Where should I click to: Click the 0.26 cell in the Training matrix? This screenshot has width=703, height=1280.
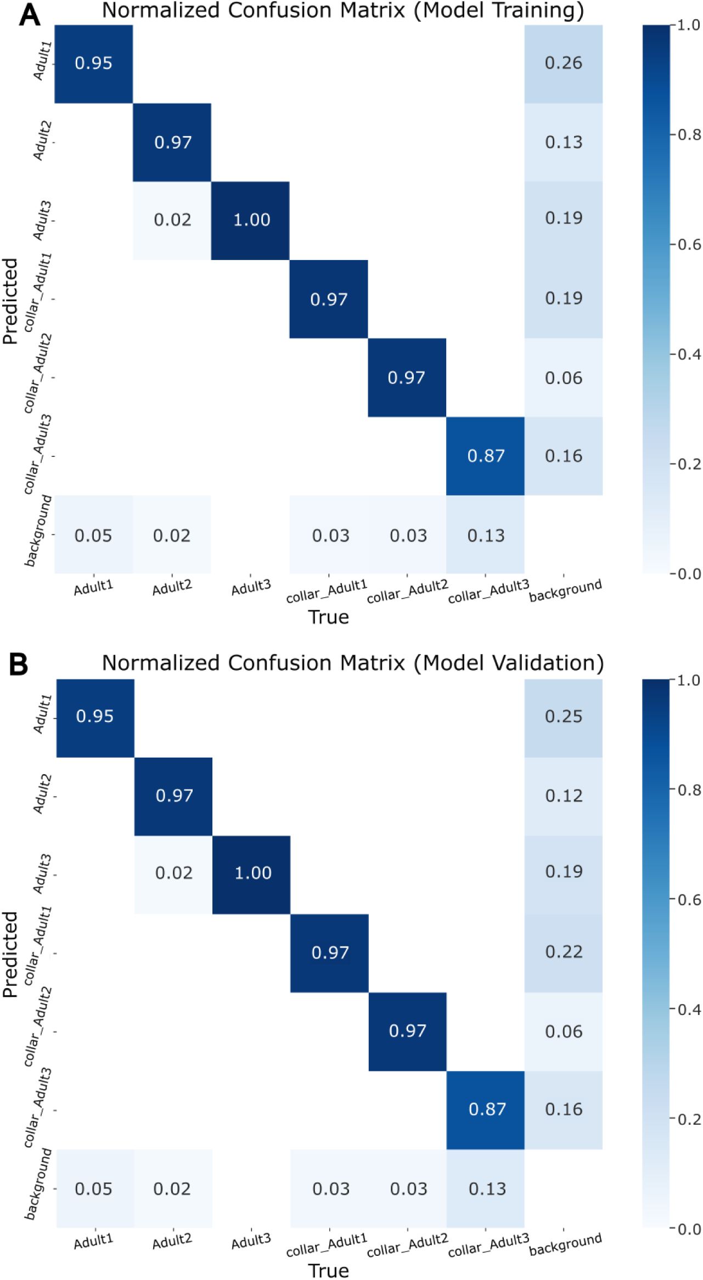click(564, 63)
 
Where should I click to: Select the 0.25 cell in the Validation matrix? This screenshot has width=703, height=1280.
click(564, 716)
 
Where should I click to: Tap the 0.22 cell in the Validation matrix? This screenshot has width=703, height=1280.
click(564, 951)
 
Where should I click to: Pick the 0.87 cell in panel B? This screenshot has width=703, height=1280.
click(487, 1109)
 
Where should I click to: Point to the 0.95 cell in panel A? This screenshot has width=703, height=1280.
click(94, 63)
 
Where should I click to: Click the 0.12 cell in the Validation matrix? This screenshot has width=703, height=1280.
click(564, 795)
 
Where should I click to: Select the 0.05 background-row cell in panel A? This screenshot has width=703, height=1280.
click(94, 535)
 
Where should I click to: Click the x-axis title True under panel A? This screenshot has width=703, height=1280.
click(329, 618)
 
